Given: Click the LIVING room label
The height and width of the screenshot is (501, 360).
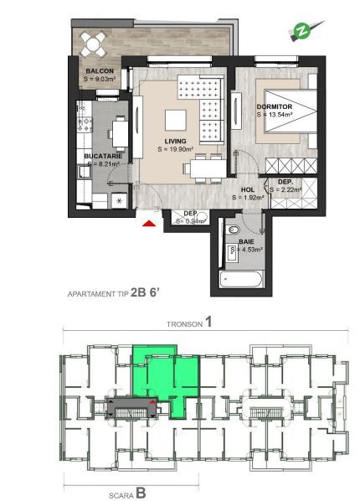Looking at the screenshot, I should (175, 141).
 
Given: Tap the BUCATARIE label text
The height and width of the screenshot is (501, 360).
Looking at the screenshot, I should (103, 157).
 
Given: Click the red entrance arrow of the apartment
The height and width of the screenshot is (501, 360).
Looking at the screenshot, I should (149, 224).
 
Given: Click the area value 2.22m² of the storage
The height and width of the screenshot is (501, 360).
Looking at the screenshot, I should (285, 190).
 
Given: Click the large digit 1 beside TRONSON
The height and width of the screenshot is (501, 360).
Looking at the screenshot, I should (208, 322).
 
